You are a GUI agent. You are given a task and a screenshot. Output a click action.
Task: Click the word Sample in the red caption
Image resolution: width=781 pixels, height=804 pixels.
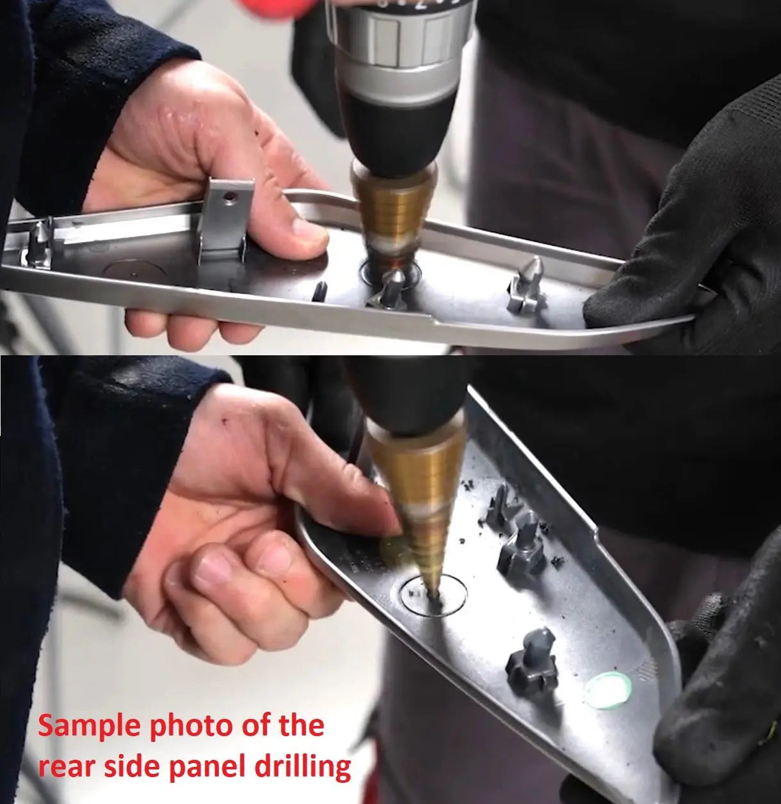tap(89, 727)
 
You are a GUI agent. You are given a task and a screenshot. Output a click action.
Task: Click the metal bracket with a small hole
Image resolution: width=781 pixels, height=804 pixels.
tap(225, 219)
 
